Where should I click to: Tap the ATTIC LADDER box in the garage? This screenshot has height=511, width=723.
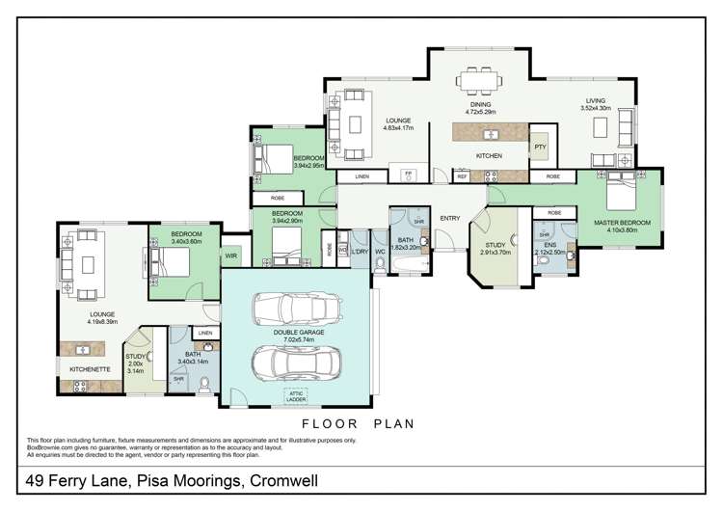point(296,396)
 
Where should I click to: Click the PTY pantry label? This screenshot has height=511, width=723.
point(539,147)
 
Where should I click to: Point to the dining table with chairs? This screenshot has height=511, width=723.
point(479,79)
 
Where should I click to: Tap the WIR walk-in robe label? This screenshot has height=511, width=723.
point(231,257)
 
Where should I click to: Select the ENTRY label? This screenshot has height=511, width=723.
point(450,218)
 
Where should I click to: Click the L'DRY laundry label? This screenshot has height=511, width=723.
point(360,252)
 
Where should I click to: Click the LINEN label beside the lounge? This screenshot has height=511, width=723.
point(361,177)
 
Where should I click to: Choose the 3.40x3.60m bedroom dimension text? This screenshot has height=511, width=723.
point(185,242)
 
